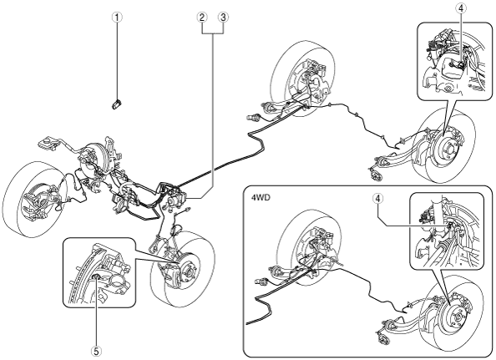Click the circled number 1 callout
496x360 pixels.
(x=117, y=17)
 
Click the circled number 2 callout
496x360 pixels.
(x=202, y=17)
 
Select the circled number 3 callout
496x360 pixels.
(x=223, y=17)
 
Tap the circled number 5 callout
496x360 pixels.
(x=97, y=350)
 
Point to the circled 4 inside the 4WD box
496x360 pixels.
(x=377, y=199)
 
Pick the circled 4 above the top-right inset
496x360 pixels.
(x=461, y=9)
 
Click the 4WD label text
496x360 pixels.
(x=259, y=198)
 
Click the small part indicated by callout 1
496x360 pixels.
(x=116, y=104)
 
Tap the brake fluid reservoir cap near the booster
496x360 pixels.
(x=48, y=142)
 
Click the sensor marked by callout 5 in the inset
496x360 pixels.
(x=97, y=277)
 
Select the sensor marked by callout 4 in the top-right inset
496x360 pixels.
(x=461, y=65)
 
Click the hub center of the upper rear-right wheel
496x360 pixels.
(x=450, y=146)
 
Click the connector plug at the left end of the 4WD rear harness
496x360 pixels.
(x=261, y=281)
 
